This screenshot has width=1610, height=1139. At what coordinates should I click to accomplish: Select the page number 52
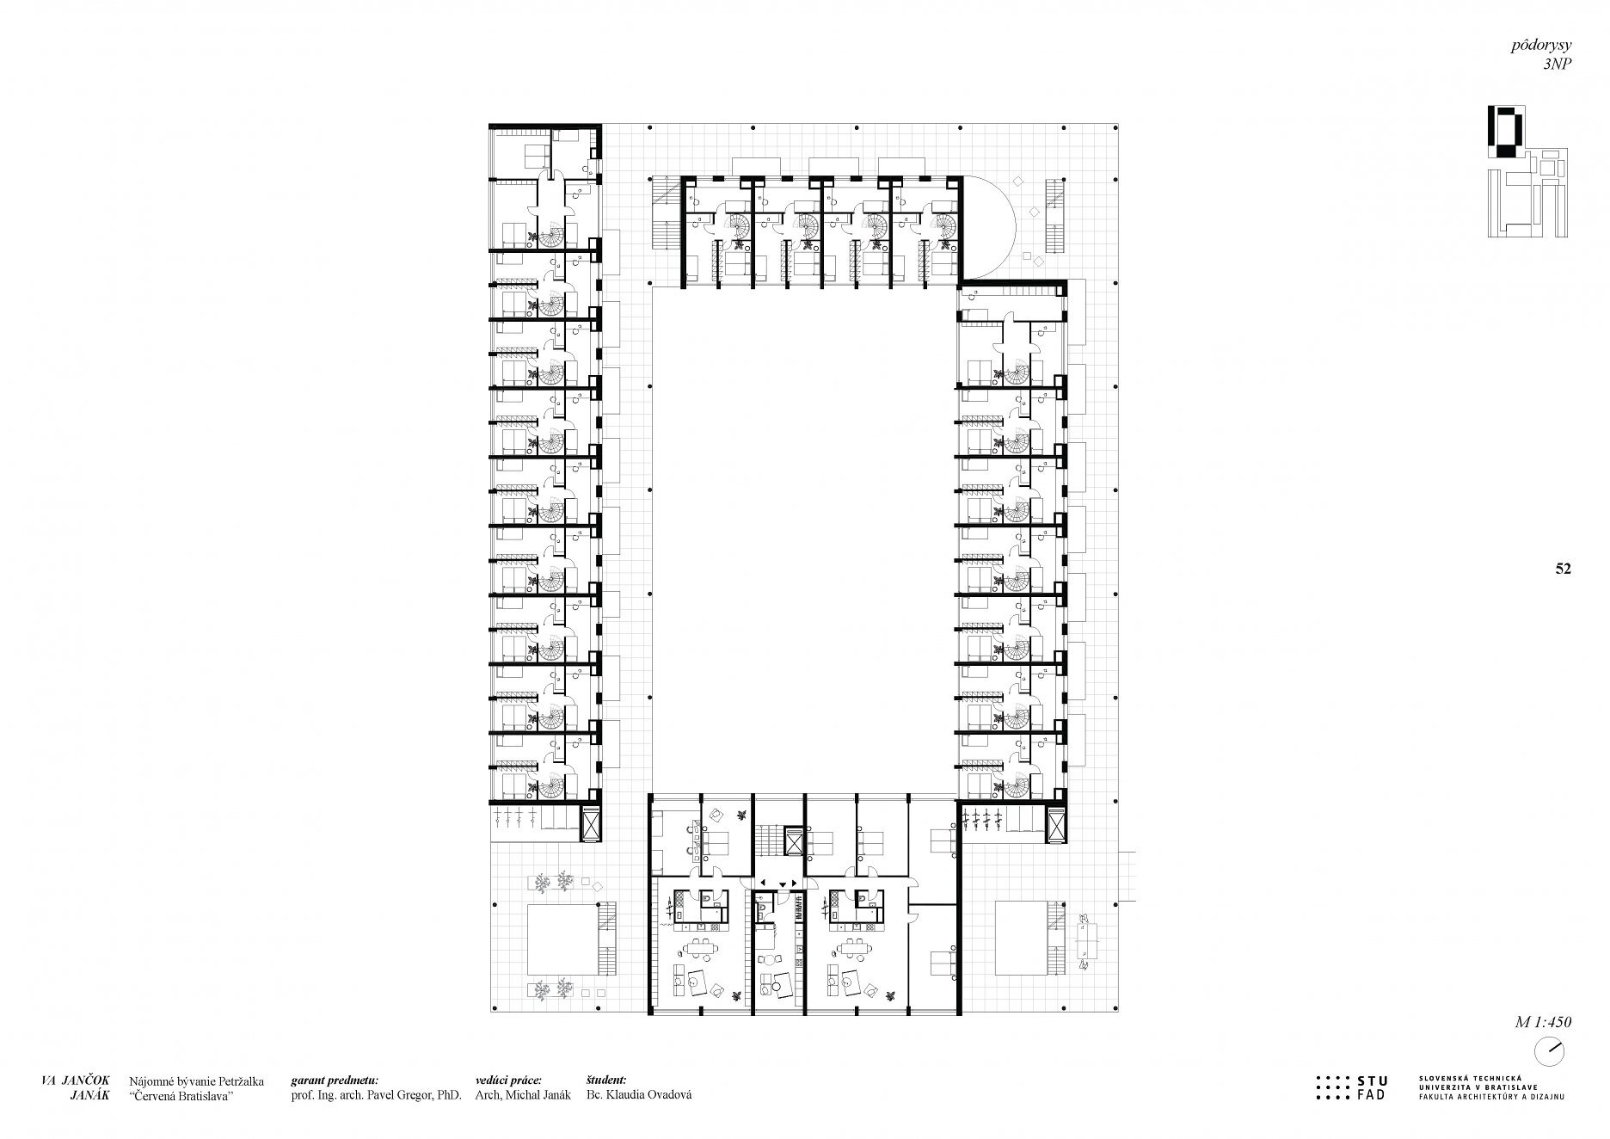[x=1563, y=569]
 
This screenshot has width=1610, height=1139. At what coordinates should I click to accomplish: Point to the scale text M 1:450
[x=1543, y=1023]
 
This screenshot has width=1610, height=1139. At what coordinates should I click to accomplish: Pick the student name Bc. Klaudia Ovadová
[x=638, y=1096]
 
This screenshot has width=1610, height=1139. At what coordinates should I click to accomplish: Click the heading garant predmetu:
[x=335, y=1081]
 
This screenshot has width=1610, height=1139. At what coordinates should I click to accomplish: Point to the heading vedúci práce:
[x=511, y=1081]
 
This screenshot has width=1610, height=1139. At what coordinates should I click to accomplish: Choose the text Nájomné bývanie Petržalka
[x=197, y=1081]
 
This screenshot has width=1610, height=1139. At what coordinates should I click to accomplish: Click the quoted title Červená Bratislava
[x=181, y=1096]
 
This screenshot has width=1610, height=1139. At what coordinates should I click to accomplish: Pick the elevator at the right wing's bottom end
[x=1056, y=824]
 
